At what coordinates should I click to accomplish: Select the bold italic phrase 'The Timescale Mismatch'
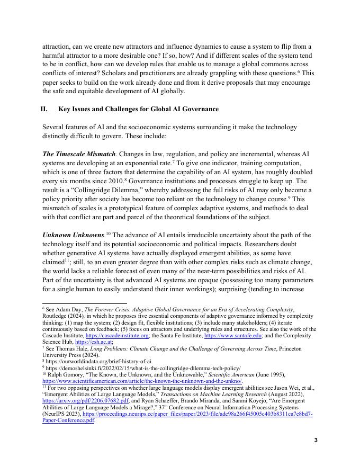pyautogui.click(x=78, y=154)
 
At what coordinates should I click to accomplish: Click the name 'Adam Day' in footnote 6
pyautogui.click(x=69, y=309)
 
